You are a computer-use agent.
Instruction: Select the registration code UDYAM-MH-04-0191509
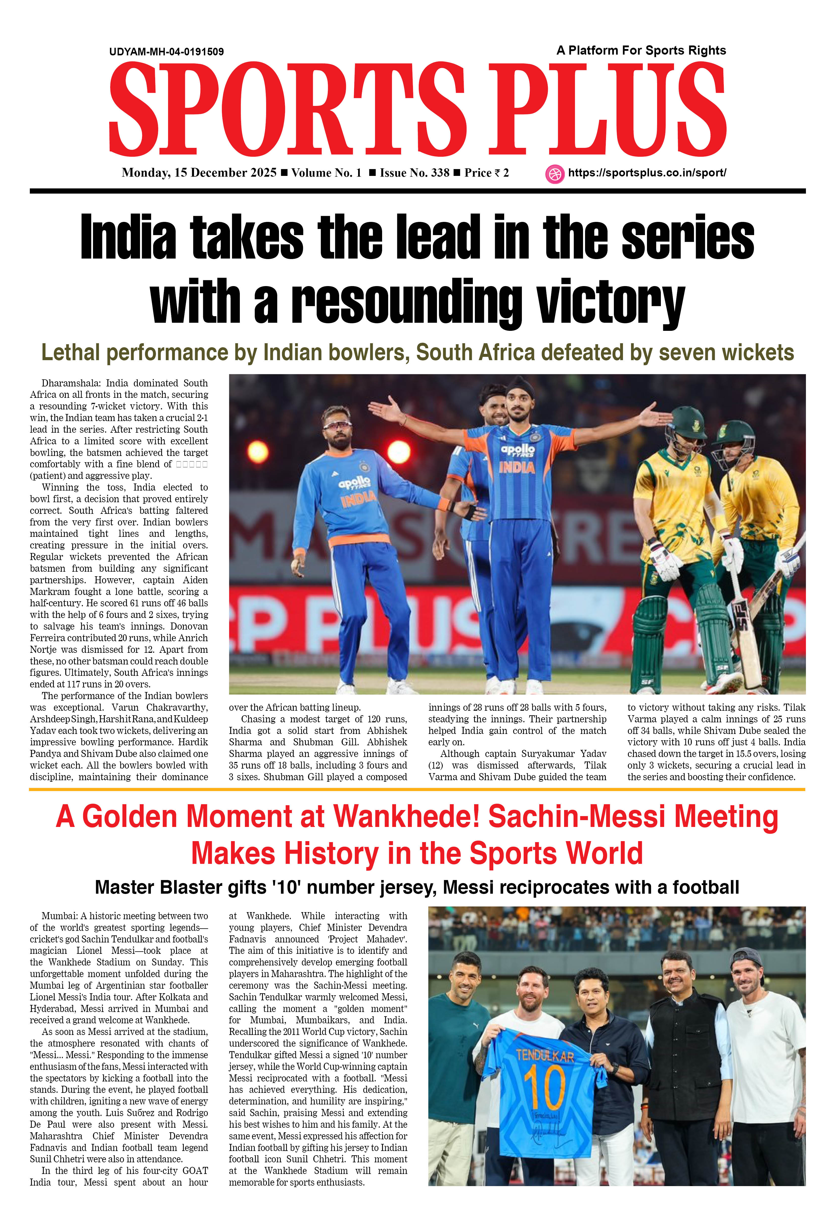tap(167, 52)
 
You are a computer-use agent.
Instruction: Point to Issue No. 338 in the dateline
tap(414, 173)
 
